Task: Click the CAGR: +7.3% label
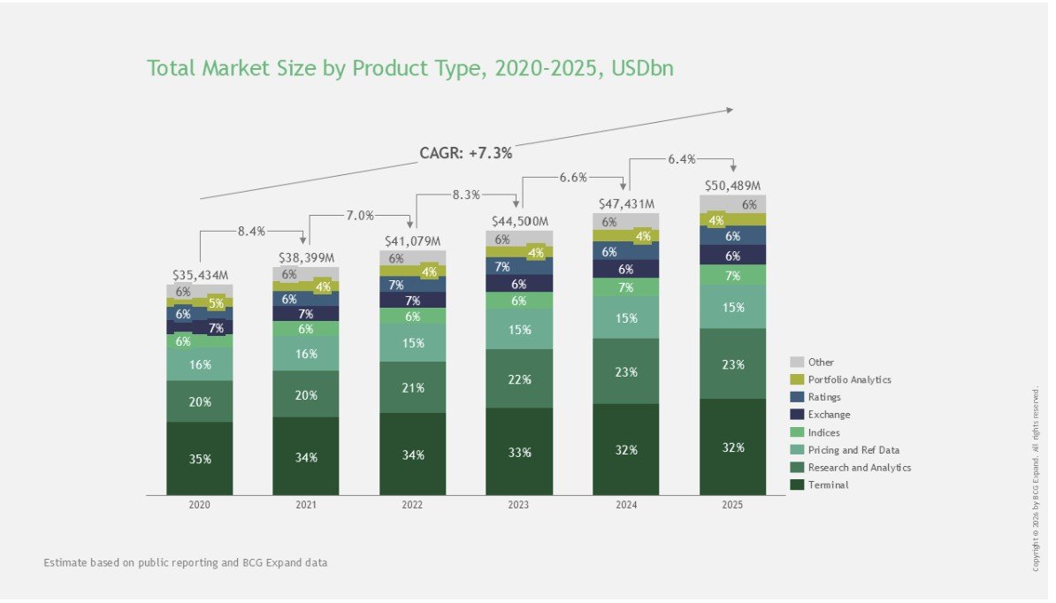[x=465, y=153]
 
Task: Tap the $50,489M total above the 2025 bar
[x=731, y=187]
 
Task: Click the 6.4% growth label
[x=681, y=159]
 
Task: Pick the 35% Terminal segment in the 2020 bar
[x=200, y=459]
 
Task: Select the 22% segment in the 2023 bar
[x=519, y=379]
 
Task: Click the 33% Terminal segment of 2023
[x=519, y=453]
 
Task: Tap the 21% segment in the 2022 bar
[x=412, y=388]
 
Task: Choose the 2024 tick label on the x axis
[x=625, y=506]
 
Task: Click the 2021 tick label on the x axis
[x=306, y=506]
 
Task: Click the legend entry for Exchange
[x=829, y=415]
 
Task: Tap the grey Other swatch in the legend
[x=796, y=362]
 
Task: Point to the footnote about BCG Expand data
[x=185, y=562]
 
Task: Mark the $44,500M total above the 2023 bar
[x=518, y=220]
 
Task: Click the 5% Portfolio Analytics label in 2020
[x=217, y=303]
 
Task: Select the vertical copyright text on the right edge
[x=1036, y=477]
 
